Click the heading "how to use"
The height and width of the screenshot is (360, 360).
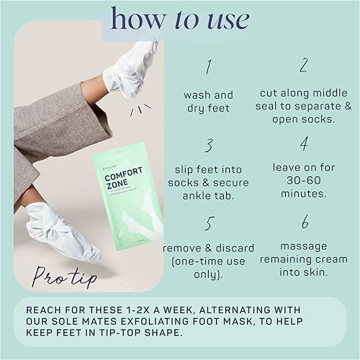click(x=179, y=19)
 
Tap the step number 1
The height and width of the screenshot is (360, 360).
click(x=208, y=68)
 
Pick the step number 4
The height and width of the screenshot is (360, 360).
click(x=303, y=145)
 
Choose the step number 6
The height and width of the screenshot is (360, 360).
click(x=304, y=222)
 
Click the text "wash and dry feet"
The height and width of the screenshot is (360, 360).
click(x=208, y=102)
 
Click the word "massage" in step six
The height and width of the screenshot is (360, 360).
click(x=304, y=246)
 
